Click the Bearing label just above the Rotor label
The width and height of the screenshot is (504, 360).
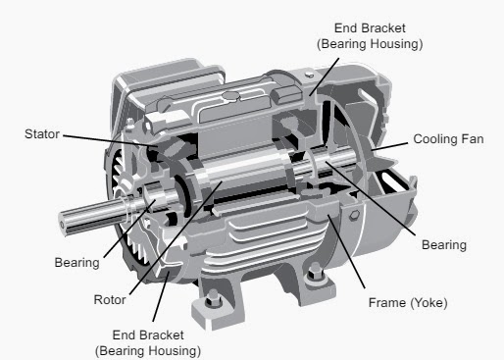pyautogui.click(x=76, y=263)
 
